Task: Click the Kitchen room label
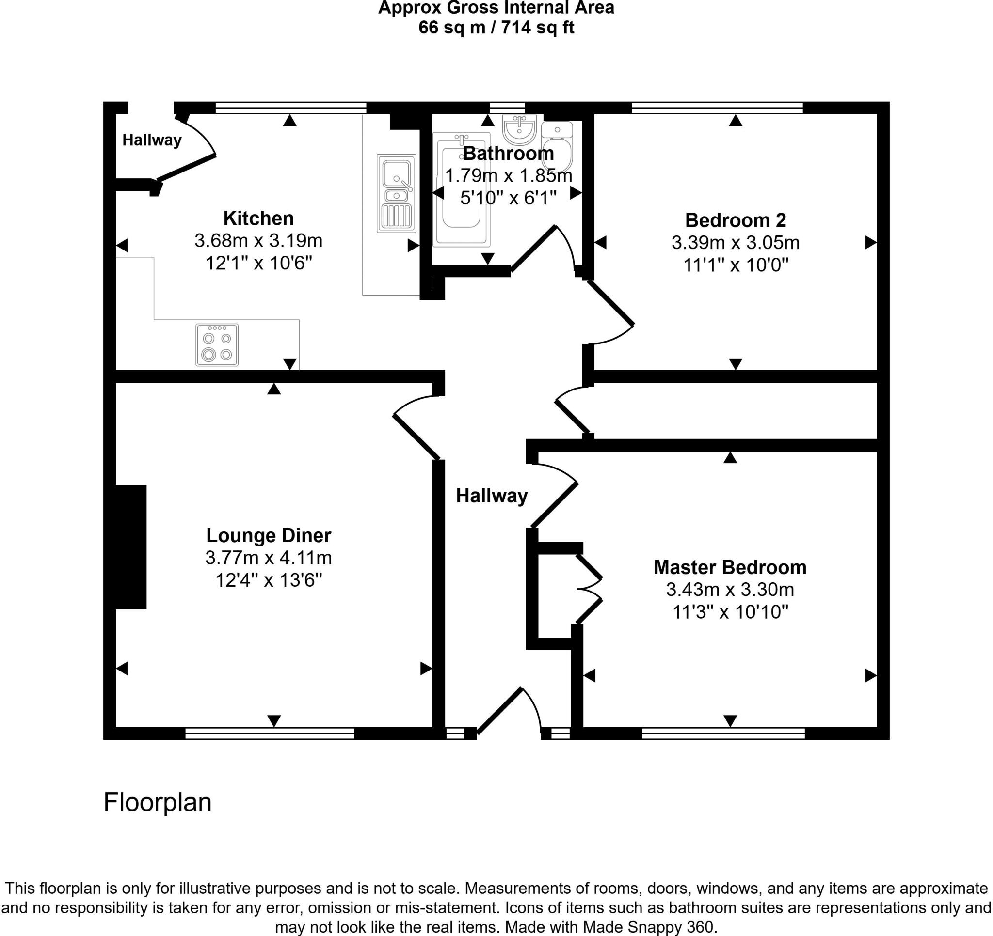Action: tap(258, 218)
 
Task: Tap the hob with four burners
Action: tap(217, 345)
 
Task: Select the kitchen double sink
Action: tap(396, 193)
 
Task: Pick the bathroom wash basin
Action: tap(520, 128)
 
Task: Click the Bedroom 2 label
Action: tap(735, 220)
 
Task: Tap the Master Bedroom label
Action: tap(730, 567)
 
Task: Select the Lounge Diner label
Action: tap(269, 535)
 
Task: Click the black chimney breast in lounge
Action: tap(131, 546)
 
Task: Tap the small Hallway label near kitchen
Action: tap(152, 140)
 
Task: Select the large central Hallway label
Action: tap(492, 496)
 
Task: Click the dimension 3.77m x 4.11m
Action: tap(269, 558)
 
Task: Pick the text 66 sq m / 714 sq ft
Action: tap(496, 28)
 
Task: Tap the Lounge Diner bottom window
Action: tap(270, 733)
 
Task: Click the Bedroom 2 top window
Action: tap(717, 108)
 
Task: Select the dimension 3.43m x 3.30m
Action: tap(730, 590)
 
